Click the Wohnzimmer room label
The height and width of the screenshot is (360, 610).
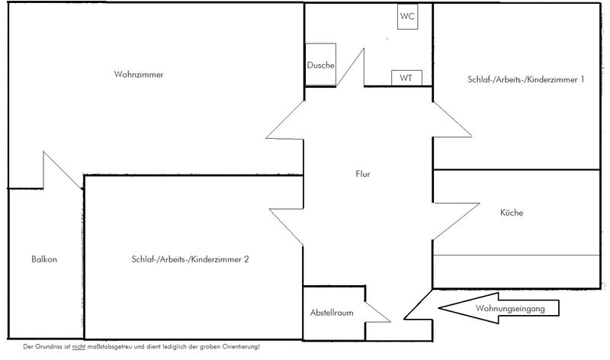[139, 74]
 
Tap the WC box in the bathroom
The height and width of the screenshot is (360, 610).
[407, 16]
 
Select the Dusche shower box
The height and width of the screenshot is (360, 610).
[320, 64]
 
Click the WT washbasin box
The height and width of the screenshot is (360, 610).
[406, 78]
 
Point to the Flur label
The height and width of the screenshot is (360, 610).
[363, 174]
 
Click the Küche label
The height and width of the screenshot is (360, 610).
[512, 213]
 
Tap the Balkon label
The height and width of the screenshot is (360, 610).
[44, 259]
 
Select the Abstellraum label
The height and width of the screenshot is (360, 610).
[332, 313]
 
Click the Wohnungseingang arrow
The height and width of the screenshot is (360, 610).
[499, 308]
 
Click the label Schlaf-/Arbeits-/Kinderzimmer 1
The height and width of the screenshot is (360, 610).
[526, 79]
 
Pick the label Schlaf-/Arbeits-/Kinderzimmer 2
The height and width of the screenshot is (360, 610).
[190, 259]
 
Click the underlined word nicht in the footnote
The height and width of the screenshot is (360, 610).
[79, 346]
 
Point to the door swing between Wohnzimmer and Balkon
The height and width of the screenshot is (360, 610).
[63, 170]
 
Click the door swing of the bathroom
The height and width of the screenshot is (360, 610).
[351, 67]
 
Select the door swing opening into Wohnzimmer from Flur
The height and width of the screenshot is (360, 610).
[285, 120]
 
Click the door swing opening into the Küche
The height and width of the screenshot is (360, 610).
[456, 221]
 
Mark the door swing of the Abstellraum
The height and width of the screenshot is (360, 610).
[377, 312]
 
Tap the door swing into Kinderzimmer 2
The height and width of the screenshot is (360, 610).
[287, 227]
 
